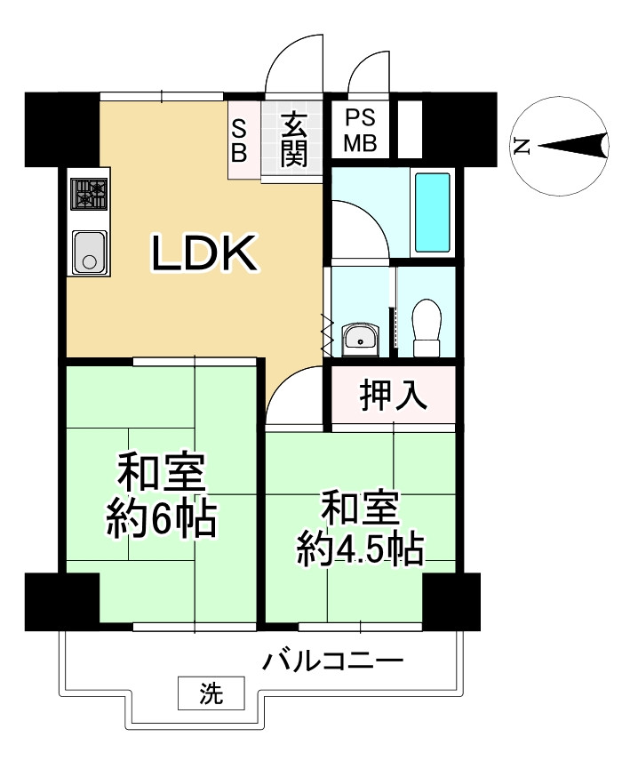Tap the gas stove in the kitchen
point(89,194)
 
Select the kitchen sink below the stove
point(89,252)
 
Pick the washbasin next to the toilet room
point(360,337)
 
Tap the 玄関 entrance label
point(294,140)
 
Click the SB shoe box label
point(240,140)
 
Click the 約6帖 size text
point(161,518)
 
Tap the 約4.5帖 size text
point(359,551)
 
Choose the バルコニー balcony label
point(333,662)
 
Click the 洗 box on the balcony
point(211,691)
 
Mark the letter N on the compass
point(522,147)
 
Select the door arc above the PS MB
point(366,71)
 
